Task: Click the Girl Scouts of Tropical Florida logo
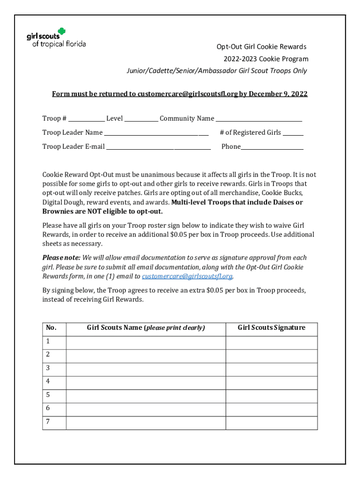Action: click(56, 38)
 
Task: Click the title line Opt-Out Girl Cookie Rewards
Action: click(261, 47)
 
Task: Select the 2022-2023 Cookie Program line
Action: click(265, 59)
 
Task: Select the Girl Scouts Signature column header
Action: click(271, 328)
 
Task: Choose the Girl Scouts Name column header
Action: click(146, 328)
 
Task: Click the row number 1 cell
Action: click(54, 342)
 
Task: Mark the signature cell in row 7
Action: click(272, 422)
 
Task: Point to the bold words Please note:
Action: click(61, 258)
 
